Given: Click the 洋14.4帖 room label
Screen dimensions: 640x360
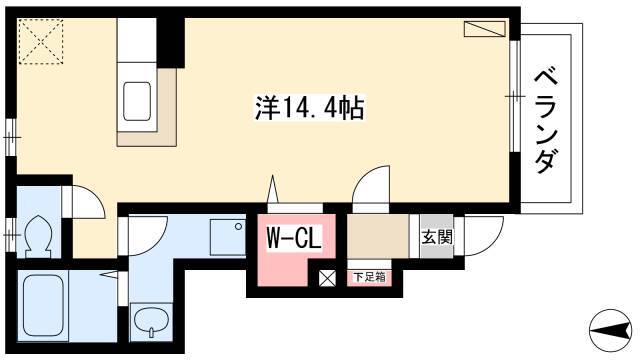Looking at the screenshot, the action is click(x=309, y=108).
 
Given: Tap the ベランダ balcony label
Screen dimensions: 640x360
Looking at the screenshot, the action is click(x=546, y=120).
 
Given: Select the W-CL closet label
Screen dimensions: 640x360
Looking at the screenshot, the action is click(x=293, y=238).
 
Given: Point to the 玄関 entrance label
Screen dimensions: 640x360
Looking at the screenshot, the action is click(x=437, y=237).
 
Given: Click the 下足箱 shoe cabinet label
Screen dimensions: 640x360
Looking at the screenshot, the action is click(x=369, y=278).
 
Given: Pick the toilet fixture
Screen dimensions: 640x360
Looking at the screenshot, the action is click(x=38, y=237).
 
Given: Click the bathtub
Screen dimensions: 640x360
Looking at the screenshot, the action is click(x=43, y=305).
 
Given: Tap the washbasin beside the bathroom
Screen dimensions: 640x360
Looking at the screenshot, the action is click(x=151, y=322).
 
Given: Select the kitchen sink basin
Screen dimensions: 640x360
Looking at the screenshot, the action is click(x=137, y=102).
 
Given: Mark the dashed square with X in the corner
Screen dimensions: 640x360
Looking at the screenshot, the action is click(x=41, y=42).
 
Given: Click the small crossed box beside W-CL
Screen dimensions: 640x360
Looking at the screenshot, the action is click(x=327, y=278).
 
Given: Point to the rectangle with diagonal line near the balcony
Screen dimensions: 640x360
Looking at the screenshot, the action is click(x=484, y=29).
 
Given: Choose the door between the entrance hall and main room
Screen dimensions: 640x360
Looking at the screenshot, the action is click(x=371, y=189).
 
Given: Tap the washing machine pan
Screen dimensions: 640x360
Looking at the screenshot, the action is click(x=228, y=238).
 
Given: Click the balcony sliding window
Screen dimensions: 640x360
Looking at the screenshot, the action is click(x=515, y=96).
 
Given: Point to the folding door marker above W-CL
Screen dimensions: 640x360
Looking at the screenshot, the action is click(x=273, y=189).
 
